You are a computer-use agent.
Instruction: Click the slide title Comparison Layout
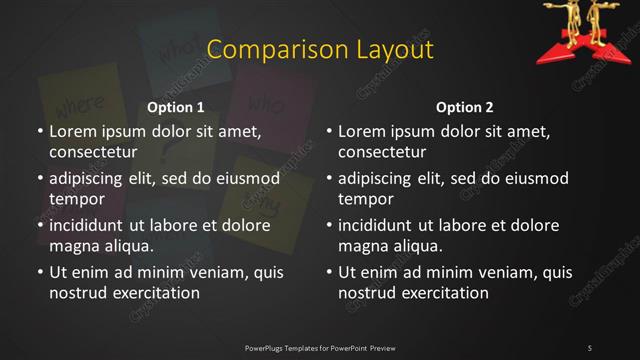click(x=320, y=50)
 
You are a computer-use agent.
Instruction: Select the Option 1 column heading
click(x=176, y=107)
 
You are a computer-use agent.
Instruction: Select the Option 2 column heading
click(x=465, y=107)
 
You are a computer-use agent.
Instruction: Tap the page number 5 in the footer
click(x=589, y=347)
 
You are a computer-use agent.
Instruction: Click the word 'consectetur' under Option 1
click(x=93, y=152)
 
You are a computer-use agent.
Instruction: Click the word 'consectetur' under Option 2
click(x=382, y=152)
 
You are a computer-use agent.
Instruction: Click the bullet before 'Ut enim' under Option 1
click(x=39, y=272)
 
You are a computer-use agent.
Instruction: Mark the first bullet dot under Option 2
click(x=328, y=132)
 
